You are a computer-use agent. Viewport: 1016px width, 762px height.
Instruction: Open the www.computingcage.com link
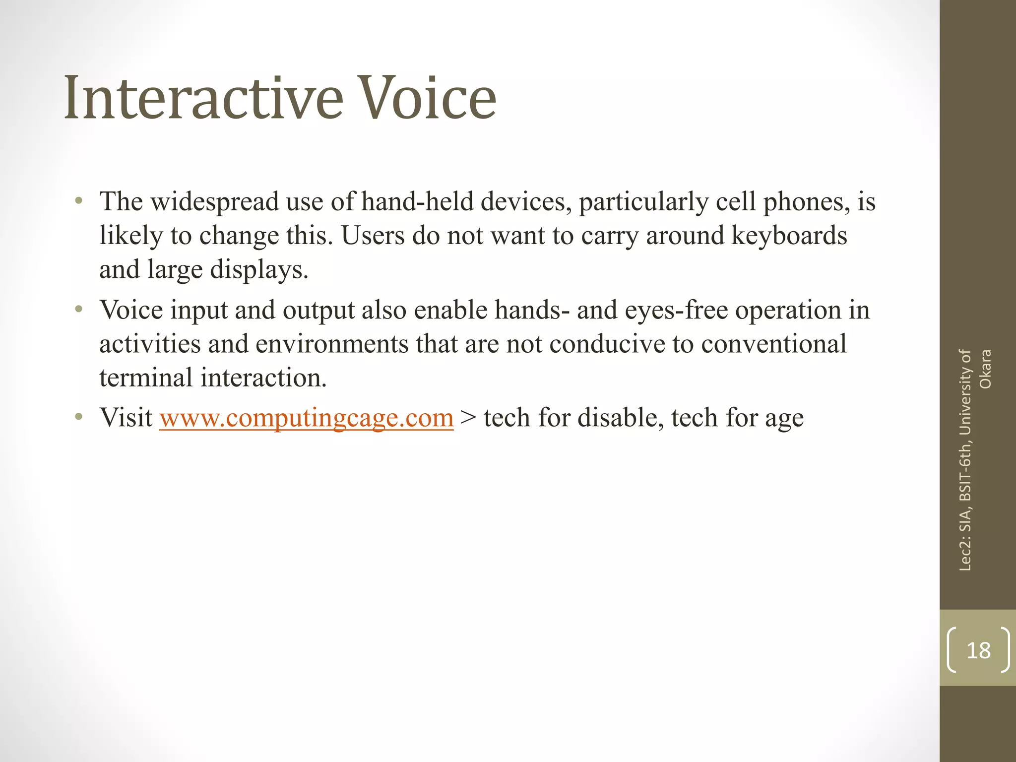pos(306,418)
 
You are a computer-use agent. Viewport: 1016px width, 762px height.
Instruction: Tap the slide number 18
pos(978,650)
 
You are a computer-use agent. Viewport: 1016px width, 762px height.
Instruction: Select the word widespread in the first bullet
pos(215,202)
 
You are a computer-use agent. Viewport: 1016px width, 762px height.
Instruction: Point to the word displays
pos(258,270)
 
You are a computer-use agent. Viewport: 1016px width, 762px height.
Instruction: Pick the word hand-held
pos(417,202)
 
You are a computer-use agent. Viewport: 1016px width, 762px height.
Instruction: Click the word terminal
pos(146,378)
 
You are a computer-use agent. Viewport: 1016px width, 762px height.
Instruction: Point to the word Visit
pos(126,418)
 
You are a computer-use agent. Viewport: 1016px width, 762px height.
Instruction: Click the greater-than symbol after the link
pos(468,418)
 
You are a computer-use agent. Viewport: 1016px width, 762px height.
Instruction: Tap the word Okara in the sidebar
pos(985,369)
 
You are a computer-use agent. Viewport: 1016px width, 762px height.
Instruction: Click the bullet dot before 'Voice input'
pos(78,310)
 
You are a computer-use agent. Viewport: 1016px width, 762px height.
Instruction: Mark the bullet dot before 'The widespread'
pos(78,202)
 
